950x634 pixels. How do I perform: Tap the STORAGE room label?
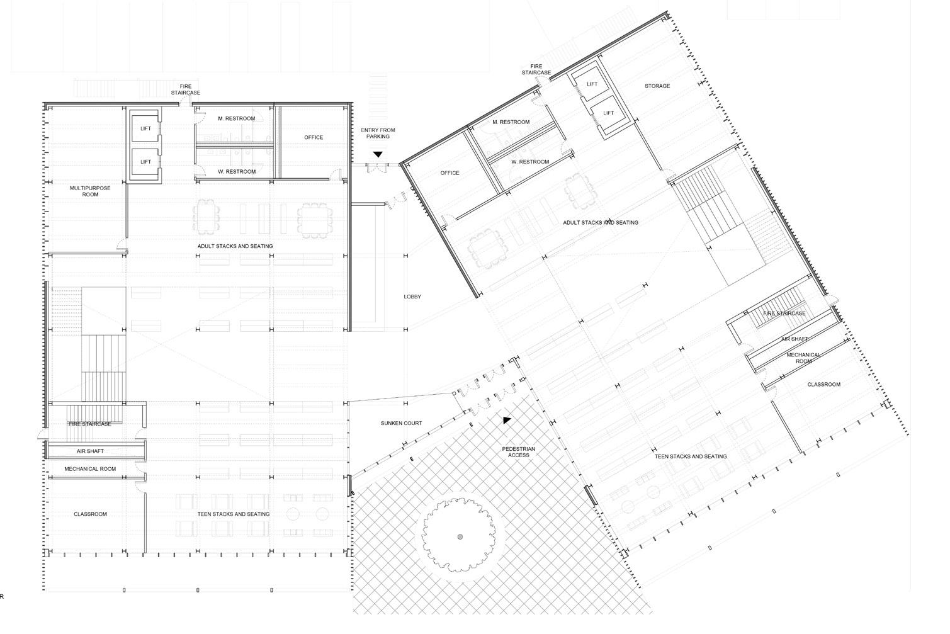click(x=657, y=86)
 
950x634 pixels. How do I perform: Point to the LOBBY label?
click(x=412, y=297)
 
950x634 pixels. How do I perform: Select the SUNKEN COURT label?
click(x=401, y=423)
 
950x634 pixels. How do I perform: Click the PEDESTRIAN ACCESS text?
click(x=519, y=451)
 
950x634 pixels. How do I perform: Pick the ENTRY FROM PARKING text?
click(x=378, y=133)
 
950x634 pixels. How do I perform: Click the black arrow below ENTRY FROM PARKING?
click(x=378, y=154)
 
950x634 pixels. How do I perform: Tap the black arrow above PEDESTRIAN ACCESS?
click(x=507, y=420)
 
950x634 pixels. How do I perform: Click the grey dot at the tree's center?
click(x=460, y=536)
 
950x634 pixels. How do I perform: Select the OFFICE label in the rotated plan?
click(x=450, y=173)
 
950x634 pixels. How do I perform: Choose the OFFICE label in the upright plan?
click(x=314, y=137)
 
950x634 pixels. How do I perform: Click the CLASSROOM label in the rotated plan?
click(x=823, y=384)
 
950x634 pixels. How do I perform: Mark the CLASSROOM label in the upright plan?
click(x=90, y=514)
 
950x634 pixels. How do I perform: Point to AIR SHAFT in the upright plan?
click(x=90, y=451)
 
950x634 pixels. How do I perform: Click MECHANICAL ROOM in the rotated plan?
click(x=803, y=358)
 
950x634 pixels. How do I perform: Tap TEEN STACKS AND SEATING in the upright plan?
click(x=234, y=514)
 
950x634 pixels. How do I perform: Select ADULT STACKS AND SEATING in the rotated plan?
click(x=600, y=222)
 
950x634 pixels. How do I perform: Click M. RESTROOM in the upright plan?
click(x=237, y=118)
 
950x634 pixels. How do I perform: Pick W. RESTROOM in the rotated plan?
click(x=530, y=162)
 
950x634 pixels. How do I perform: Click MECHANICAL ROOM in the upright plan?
click(x=90, y=468)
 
